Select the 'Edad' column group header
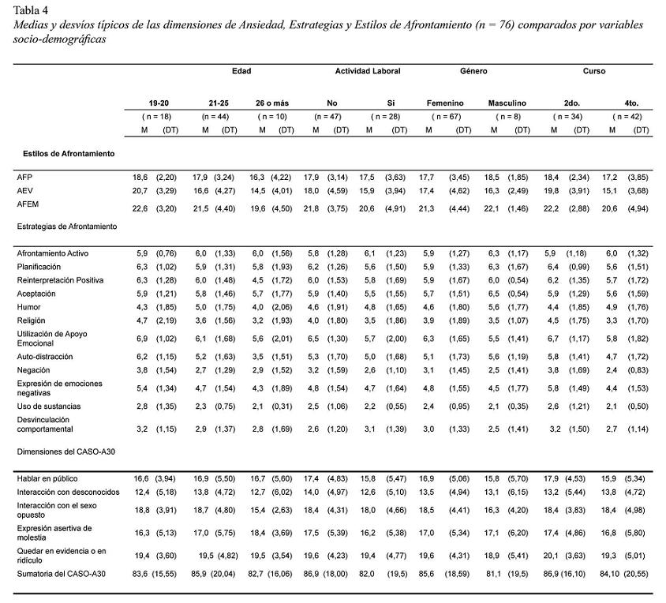tap(241, 71)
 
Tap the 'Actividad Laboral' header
tap(368, 71)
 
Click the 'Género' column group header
tap(473, 71)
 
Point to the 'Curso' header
tap(594, 71)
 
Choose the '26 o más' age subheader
tap(273, 103)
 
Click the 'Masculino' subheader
tap(507, 103)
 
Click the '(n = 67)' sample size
tap(445, 117)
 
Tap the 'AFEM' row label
tap(28, 204)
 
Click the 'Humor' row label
tap(29, 306)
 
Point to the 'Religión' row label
tap(32, 321)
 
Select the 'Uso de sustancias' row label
tap(50, 406)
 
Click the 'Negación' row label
tap(34, 369)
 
